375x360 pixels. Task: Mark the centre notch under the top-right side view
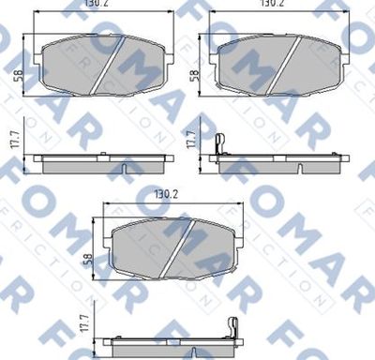point(298,169)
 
